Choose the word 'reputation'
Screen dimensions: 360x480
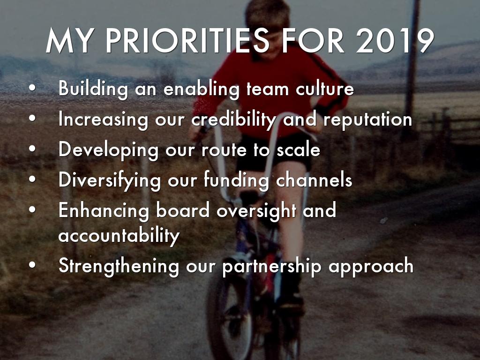point(368,120)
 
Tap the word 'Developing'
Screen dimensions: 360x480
point(109,150)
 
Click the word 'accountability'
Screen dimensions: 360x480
point(119,235)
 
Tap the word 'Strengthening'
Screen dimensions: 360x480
point(119,266)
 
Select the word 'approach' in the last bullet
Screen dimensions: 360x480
point(371,266)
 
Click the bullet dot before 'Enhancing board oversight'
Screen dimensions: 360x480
point(32,211)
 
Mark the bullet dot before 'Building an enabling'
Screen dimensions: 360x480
point(32,90)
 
